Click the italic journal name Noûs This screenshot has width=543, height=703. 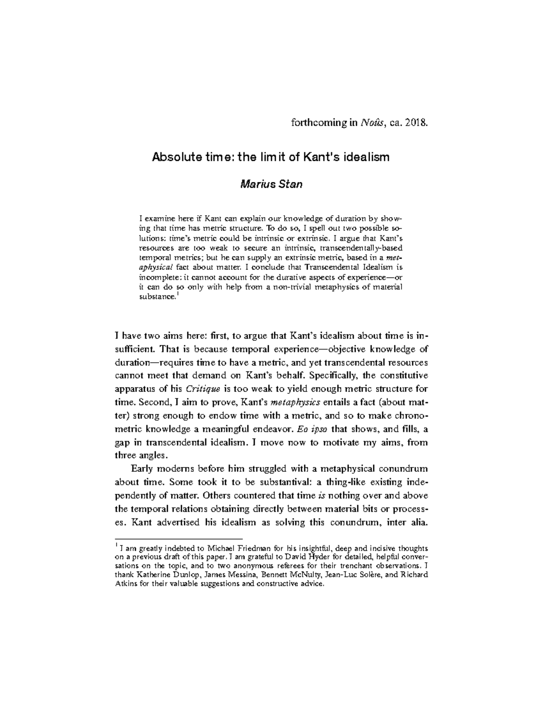click(370, 123)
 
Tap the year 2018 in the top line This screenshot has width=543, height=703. click(415, 123)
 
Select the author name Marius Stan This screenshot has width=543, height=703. click(271, 184)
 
